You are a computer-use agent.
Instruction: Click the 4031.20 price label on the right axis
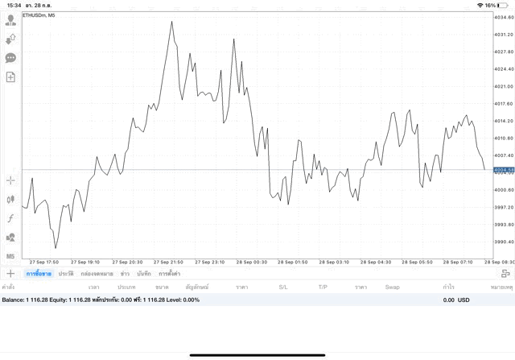click(504, 35)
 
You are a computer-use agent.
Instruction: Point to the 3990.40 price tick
click(504, 242)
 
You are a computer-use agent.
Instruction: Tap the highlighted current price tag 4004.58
click(504, 169)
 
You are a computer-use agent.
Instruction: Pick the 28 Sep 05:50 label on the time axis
click(418, 262)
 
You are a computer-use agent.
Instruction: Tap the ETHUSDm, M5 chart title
click(39, 15)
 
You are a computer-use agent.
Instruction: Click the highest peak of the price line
click(171, 22)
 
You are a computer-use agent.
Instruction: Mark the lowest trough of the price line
click(56, 247)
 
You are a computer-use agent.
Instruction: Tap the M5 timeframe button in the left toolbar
click(10, 256)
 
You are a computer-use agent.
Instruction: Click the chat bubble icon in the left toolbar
click(10, 58)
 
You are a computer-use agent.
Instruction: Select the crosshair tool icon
click(10, 180)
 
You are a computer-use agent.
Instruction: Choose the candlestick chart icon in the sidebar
click(10, 199)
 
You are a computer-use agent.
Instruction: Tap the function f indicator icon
click(10, 218)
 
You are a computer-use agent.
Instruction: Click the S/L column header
click(283, 287)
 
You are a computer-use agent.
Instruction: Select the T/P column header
click(323, 287)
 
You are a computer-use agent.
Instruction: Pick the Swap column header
click(392, 287)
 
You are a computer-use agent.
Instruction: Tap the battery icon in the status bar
click(505, 5)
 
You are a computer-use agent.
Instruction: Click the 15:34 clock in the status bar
click(13, 5)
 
